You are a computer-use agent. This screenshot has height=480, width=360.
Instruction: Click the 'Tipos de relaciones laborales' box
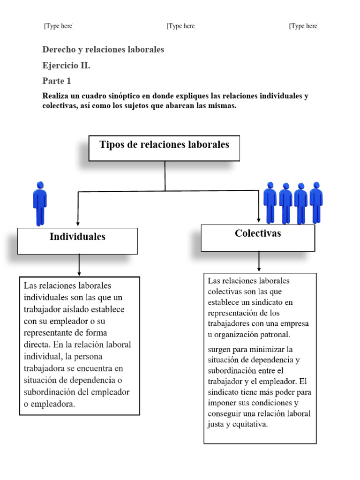click(x=164, y=148)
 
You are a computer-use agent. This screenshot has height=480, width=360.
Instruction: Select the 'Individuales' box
click(x=77, y=240)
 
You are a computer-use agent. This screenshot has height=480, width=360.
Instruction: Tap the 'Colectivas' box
click(x=258, y=237)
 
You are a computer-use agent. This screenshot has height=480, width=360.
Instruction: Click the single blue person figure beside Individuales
click(x=40, y=203)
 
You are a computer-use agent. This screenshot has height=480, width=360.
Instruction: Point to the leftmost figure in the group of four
click(x=270, y=202)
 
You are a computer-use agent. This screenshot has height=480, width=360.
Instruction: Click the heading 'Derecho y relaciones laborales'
click(x=103, y=49)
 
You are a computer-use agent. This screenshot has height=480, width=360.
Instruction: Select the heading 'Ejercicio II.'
click(x=66, y=65)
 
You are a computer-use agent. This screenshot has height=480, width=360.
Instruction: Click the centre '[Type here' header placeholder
click(x=180, y=26)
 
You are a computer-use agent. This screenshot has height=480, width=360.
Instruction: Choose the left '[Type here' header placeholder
click(x=58, y=26)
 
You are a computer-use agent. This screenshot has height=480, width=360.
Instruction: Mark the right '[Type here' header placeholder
click(x=303, y=26)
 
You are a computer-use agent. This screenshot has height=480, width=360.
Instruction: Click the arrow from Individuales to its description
click(x=79, y=265)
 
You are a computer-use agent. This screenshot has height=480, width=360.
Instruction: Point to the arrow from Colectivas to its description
click(x=259, y=261)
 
